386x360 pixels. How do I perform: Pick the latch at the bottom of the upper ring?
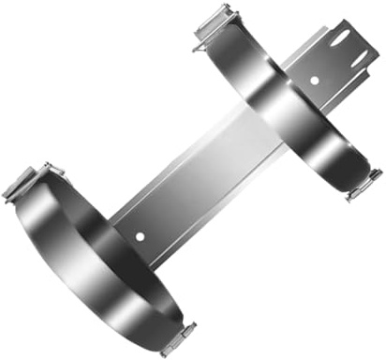(363, 184)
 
